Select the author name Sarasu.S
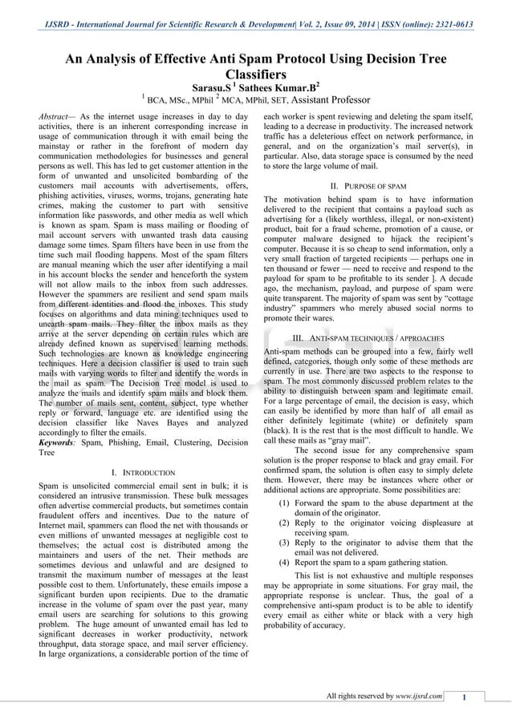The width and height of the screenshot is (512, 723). [x=212, y=87]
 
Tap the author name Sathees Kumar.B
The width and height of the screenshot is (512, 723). [x=279, y=87]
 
